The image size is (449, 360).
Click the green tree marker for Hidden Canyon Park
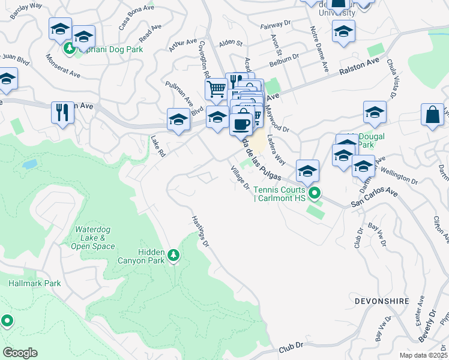pyautogui.click(x=173, y=256)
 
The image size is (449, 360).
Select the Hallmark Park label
pyautogui.click(x=35, y=283)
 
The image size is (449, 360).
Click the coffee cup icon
pyautogui.click(x=241, y=124)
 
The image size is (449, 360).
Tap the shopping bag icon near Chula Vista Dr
pyautogui.click(x=432, y=114)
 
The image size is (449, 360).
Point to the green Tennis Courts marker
pyautogui.click(x=313, y=194)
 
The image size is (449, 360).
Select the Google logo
pyautogui.click(x=20, y=353)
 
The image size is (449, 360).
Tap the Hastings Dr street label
pyautogui.click(x=200, y=232)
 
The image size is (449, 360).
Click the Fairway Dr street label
pyautogui.click(x=276, y=26)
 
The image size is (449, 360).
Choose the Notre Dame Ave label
pyautogui.click(x=318, y=48)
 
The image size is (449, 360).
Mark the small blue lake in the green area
pyautogui.click(x=29, y=164)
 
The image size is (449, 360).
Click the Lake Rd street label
pyautogui.click(x=158, y=146)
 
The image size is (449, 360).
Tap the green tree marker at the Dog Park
pyautogui.click(x=69, y=48)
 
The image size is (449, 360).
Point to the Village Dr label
pyautogui.click(x=240, y=178)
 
